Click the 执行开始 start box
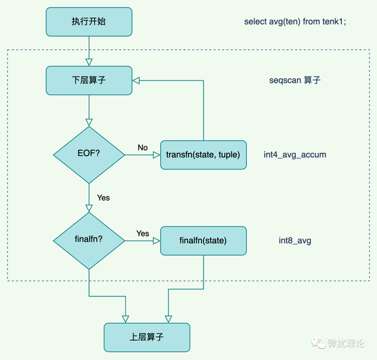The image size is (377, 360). coord(89,22)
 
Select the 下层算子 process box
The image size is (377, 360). coord(89,80)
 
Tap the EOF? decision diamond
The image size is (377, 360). coord(89,154)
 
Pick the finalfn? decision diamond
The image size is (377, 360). coord(89,241)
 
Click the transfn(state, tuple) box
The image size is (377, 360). coord(203,154)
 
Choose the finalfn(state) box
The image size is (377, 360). coord(203,241)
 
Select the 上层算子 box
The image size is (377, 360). coord(146,337)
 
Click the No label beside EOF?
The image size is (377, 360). coord(143,148)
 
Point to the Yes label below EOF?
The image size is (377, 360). coord(103,197)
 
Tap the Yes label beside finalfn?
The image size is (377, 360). coord(143,234)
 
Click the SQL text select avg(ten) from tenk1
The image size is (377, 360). coord(295,22)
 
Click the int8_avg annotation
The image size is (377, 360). coord(295,241)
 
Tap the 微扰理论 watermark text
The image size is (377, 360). coord(350,343)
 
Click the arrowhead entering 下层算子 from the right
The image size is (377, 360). coord(136,80)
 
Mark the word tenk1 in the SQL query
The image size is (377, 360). coord(334,22)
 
